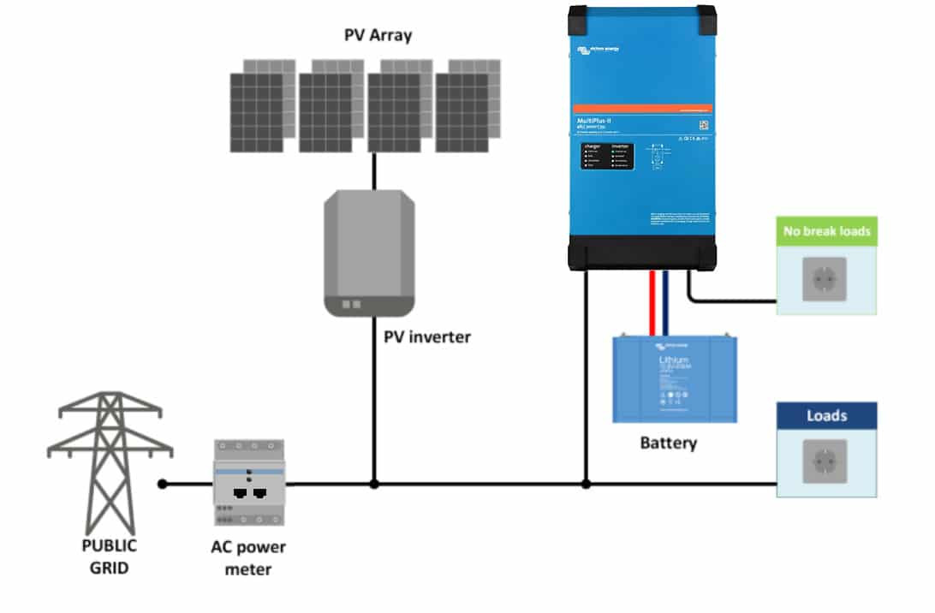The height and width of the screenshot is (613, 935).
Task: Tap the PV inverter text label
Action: [427, 336]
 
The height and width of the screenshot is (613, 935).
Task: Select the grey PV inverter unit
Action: [370, 253]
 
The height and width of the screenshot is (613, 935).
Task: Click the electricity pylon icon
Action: [109, 462]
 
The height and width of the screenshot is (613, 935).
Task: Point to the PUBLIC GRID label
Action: [109, 555]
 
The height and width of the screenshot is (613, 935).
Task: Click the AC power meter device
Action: [249, 482]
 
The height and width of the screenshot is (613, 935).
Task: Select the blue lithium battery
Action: [675, 378]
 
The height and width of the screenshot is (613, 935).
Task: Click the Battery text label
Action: [669, 443]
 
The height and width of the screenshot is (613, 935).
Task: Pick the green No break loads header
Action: [826, 230]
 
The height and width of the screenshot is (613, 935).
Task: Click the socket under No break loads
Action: [825, 279]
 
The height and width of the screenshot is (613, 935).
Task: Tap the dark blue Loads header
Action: [826, 416]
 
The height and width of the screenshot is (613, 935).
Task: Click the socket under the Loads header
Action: [825, 462]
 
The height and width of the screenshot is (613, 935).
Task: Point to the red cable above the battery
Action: [652, 303]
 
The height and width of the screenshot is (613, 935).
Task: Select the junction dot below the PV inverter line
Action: [374, 484]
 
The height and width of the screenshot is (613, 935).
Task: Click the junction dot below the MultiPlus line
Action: [586, 484]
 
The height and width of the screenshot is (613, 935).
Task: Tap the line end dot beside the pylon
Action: [163, 484]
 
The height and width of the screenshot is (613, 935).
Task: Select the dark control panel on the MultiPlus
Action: [609, 156]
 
